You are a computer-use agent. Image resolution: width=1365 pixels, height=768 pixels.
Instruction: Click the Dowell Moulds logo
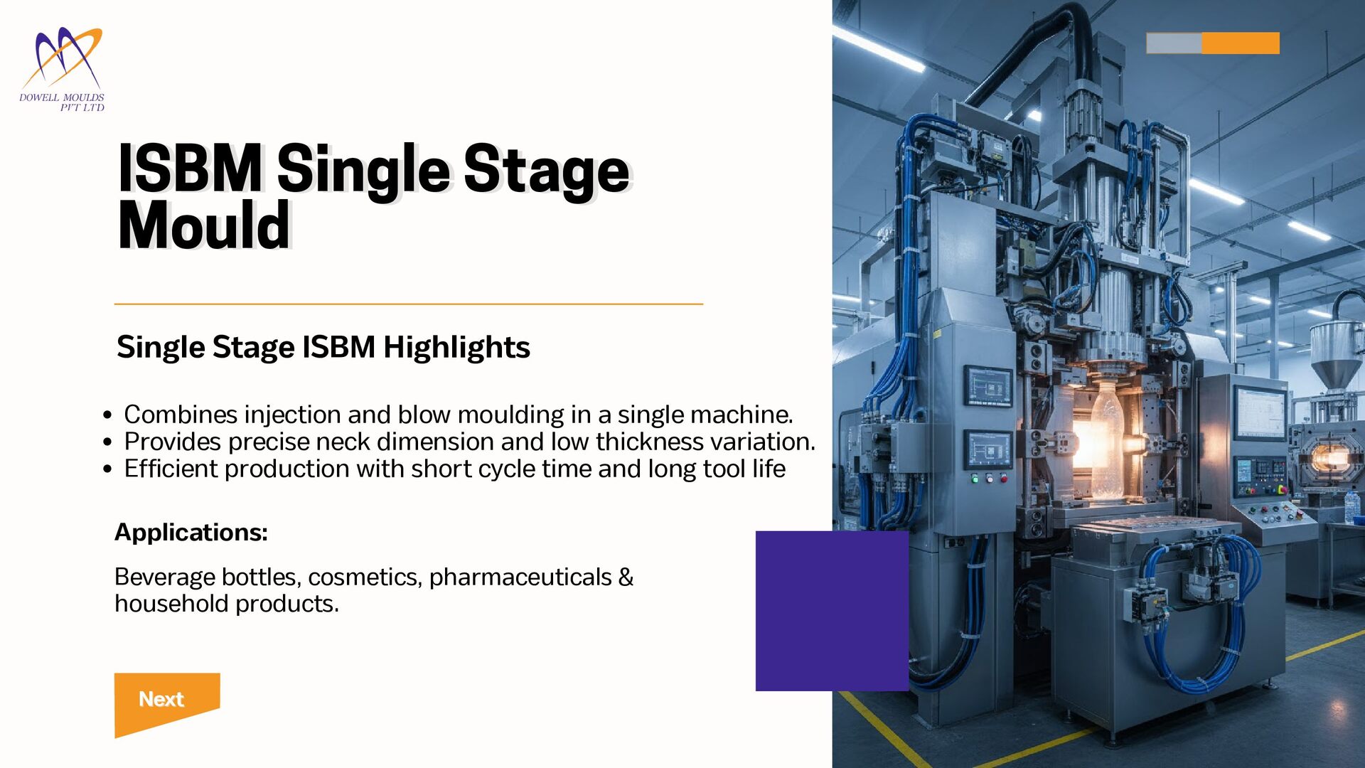62,70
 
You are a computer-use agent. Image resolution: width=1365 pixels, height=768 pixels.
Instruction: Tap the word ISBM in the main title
190,169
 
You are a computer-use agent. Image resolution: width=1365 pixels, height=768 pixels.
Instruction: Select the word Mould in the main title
205,225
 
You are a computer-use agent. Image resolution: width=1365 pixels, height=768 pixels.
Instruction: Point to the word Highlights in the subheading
456,348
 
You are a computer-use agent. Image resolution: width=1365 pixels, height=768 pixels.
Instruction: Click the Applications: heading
191,532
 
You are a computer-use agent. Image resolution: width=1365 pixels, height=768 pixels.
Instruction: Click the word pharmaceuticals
520,577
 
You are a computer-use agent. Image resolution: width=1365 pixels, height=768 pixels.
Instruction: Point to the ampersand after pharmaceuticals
626,577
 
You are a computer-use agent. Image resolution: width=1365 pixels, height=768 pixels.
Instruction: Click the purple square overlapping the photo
832,611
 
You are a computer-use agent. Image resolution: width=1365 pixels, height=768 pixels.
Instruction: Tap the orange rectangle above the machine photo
1241,43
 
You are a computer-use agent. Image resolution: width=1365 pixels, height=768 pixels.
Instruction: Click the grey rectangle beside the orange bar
1174,43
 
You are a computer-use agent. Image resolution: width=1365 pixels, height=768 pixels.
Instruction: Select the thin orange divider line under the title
409,304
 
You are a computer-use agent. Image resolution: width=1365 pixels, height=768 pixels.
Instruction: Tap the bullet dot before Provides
107,442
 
